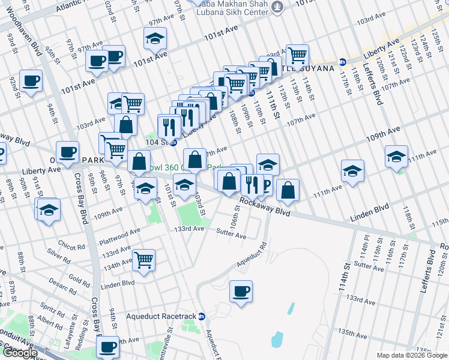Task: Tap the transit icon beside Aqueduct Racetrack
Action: pyautogui.click(x=202, y=316)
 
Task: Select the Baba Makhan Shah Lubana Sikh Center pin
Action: pyautogui.click(x=277, y=7)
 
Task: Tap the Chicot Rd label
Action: pyautogui.click(x=71, y=244)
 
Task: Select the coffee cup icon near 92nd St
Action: pyautogui.click(x=31, y=80)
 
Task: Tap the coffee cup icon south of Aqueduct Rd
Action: pyautogui.click(x=241, y=292)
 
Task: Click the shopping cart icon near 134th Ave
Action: pyautogui.click(x=144, y=260)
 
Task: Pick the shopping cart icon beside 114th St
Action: pyautogui.click(x=297, y=55)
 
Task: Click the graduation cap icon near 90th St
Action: pyautogui.click(x=49, y=211)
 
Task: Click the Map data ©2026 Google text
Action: pyautogui.click(x=411, y=355)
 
